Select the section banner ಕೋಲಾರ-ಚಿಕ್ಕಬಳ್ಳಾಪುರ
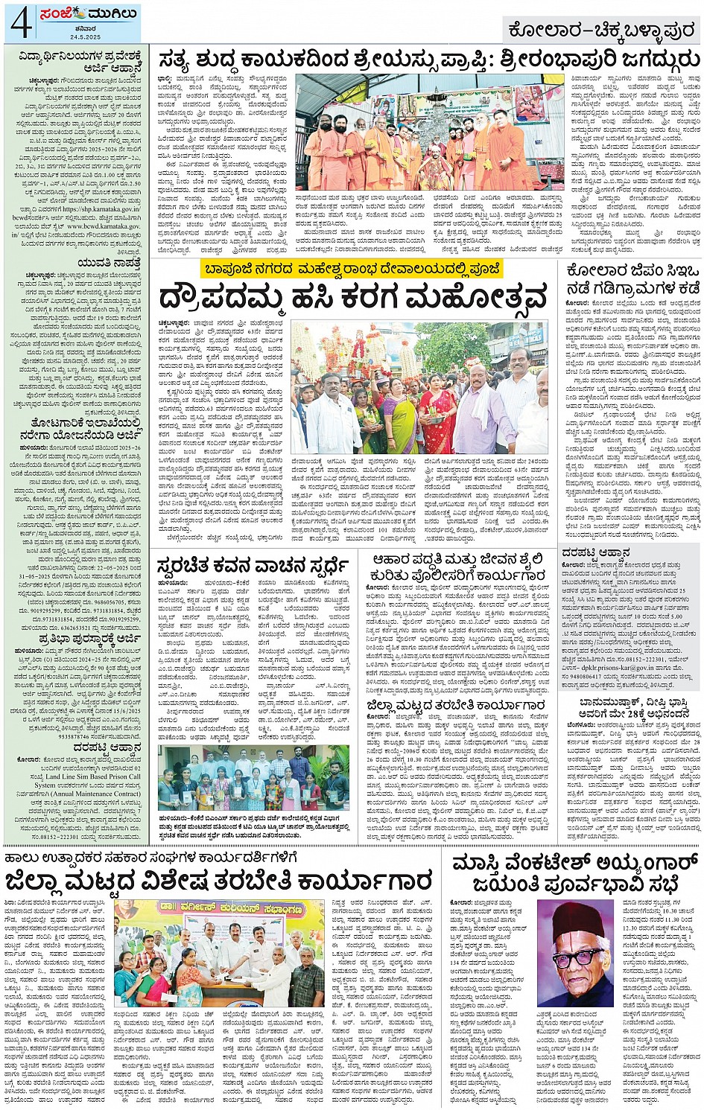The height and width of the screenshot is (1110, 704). tap(602, 31)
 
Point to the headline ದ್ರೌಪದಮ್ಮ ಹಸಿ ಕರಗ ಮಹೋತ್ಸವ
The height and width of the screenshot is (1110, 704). tap(353, 299)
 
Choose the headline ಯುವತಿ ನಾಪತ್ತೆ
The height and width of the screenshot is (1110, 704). tap(108, 263)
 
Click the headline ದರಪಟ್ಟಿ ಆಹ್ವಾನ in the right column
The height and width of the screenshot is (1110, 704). tap(596, 552)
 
